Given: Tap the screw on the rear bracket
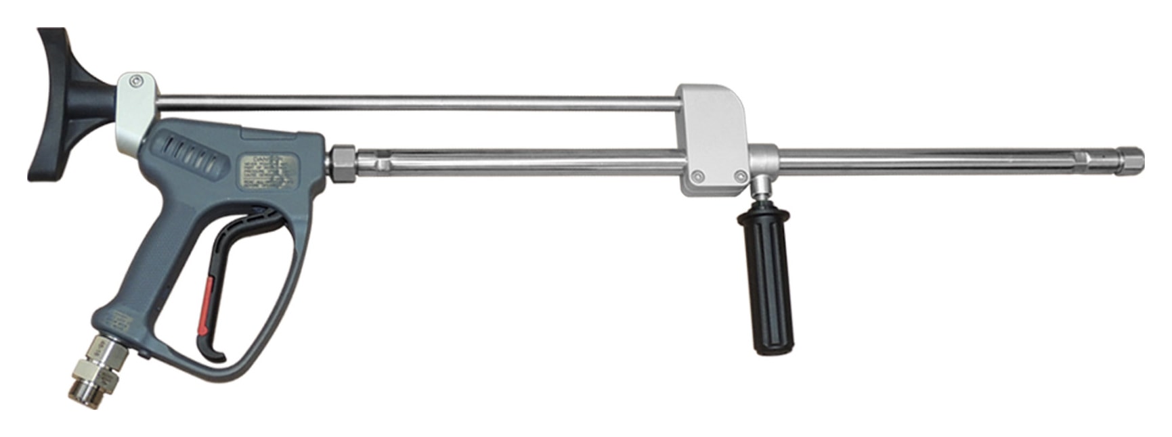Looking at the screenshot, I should click(137, 80).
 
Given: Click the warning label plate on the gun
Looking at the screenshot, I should click(272, 170).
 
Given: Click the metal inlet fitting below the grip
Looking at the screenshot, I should click(94, 365).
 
